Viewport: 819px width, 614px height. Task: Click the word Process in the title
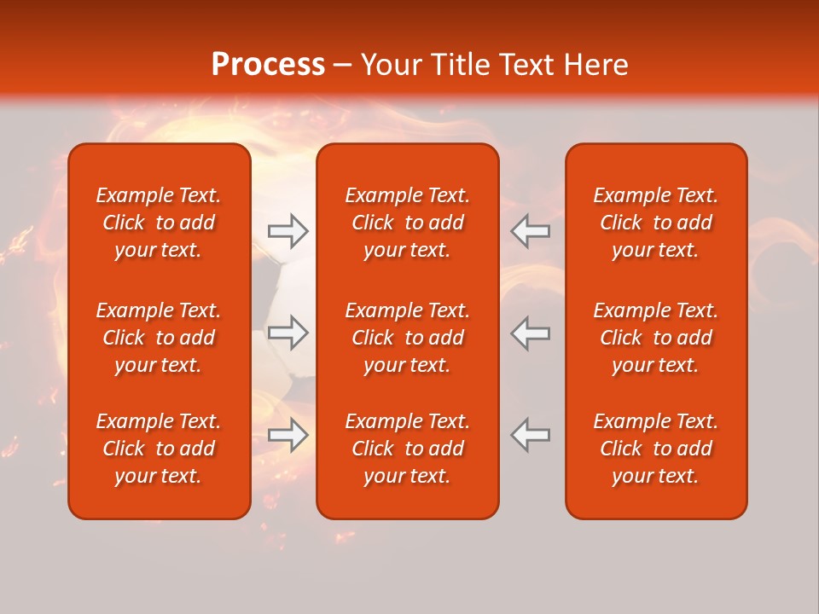pyautogui.click(x=268, y=65)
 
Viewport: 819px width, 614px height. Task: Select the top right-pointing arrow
pyautogui.click(x=288, y=231)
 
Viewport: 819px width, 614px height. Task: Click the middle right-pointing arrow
pyautogui.click(x=288, y=333)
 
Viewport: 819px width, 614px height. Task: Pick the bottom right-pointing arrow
pyautogui.click(x=288, y=435)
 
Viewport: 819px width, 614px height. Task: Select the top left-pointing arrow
pyautogui.click(x=531, y=231)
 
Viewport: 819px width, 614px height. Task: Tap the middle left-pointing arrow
pyautogui.click(x=531, y=333)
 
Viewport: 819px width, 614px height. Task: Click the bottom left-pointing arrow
pyautogui.click(x=531, y=435)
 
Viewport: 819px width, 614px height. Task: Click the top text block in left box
pyautogui.click(x=159, y=223)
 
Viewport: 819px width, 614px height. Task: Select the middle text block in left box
pyautogui.click(x=159, y=338)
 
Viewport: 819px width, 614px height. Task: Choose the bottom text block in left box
pyautogui.click(x=159, y=449)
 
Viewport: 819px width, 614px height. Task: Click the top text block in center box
pyautogui.click(x=408, y=223)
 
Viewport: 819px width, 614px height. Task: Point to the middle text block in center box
pyautogui.click(x=408, y=338)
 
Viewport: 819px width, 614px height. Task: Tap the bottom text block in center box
pyautogui.click(x=408, y=449)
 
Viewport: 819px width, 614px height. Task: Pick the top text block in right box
pyautogui.click(x=656, y=223)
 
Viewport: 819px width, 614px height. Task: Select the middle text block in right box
pyautogui.click(x=656, y=338)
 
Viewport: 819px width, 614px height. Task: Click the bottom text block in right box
pyautogui.click(x=656, y=449)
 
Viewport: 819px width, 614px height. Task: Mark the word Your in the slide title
pyautogui.click(x=391, y=65)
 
